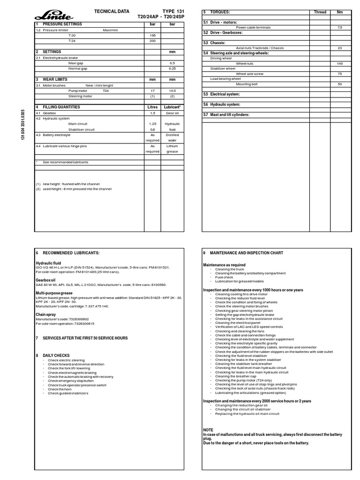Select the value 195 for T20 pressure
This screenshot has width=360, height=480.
[152, 35]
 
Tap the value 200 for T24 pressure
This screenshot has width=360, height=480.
[152, 41]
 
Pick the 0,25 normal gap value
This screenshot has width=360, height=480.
[172, 68]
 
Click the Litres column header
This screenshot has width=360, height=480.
[152, 107]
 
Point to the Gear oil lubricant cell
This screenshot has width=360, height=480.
[172, 113]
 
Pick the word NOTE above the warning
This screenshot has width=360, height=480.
[208, 430]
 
